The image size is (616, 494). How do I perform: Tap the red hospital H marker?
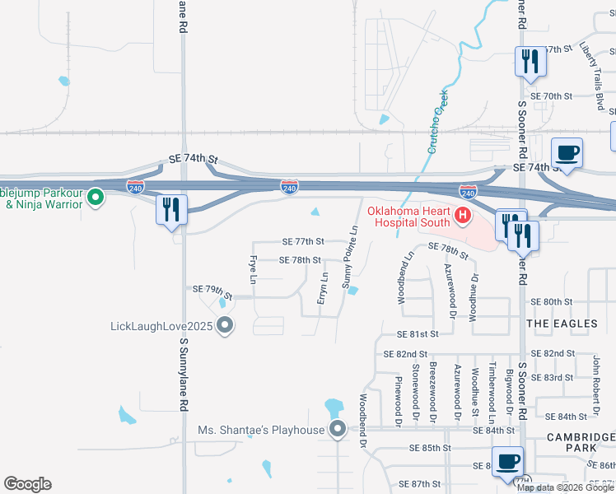pyautogui.click(x=462, y=217)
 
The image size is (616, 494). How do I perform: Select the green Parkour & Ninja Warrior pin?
pyautogui.click(x=95, y=198)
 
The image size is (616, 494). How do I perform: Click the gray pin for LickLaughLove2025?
pyautogui.click(x=226, y=327)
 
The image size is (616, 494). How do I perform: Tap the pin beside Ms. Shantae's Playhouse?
pyautogui.click(x=338, y=430)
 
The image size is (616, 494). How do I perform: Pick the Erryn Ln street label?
pyautogui.click(x=324, y=287)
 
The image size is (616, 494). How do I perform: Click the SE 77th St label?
pyautogui.click(x=303, y=242)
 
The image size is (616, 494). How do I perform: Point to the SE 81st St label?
pyautogui.click(x=418, y=335)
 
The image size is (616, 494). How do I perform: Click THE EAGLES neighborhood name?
pyautogui.click(x=562, y=324)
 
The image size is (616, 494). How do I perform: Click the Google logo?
pyautogui.click(x=27, y=484)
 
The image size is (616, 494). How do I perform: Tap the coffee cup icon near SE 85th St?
pyautogui.click(x=507, y=462)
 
